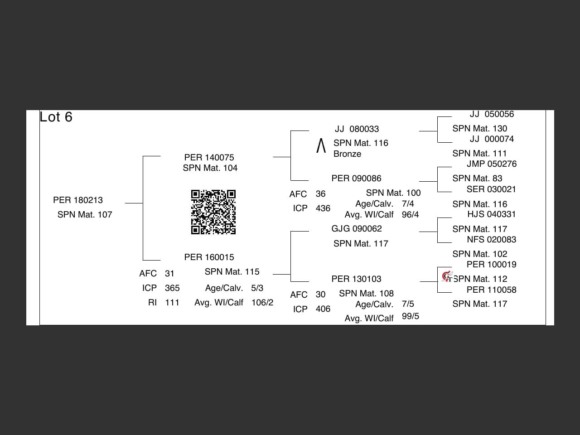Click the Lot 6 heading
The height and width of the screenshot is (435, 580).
click(56, 117)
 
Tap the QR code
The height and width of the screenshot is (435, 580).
click(213, 212)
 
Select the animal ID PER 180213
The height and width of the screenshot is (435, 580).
click(78, 200)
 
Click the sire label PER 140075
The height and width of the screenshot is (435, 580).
click(209, 158)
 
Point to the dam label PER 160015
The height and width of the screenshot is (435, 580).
click(209, 257)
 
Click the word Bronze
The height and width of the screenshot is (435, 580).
click(347, 154)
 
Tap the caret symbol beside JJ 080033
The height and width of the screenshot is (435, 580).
click(321, 146)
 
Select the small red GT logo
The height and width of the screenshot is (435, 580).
click(447, 276)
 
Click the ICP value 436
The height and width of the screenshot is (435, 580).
click(323, 208)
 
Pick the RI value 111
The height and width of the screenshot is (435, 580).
click(172, 303)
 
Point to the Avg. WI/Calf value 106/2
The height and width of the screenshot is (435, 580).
click(262, 303)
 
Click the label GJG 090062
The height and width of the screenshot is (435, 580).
click(357, 229)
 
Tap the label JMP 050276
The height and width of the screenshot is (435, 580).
click(492, 164)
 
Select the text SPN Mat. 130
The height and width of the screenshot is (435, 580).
click(479, 129)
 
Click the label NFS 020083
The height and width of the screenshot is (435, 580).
click(491, 240)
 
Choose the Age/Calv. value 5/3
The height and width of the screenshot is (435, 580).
click(257, 288)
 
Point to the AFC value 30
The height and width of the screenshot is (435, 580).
click(320, 295)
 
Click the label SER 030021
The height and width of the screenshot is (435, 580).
click(491, 189)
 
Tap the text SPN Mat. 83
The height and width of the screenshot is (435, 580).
click(477, 179)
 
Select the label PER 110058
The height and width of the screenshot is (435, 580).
click(491, 290)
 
